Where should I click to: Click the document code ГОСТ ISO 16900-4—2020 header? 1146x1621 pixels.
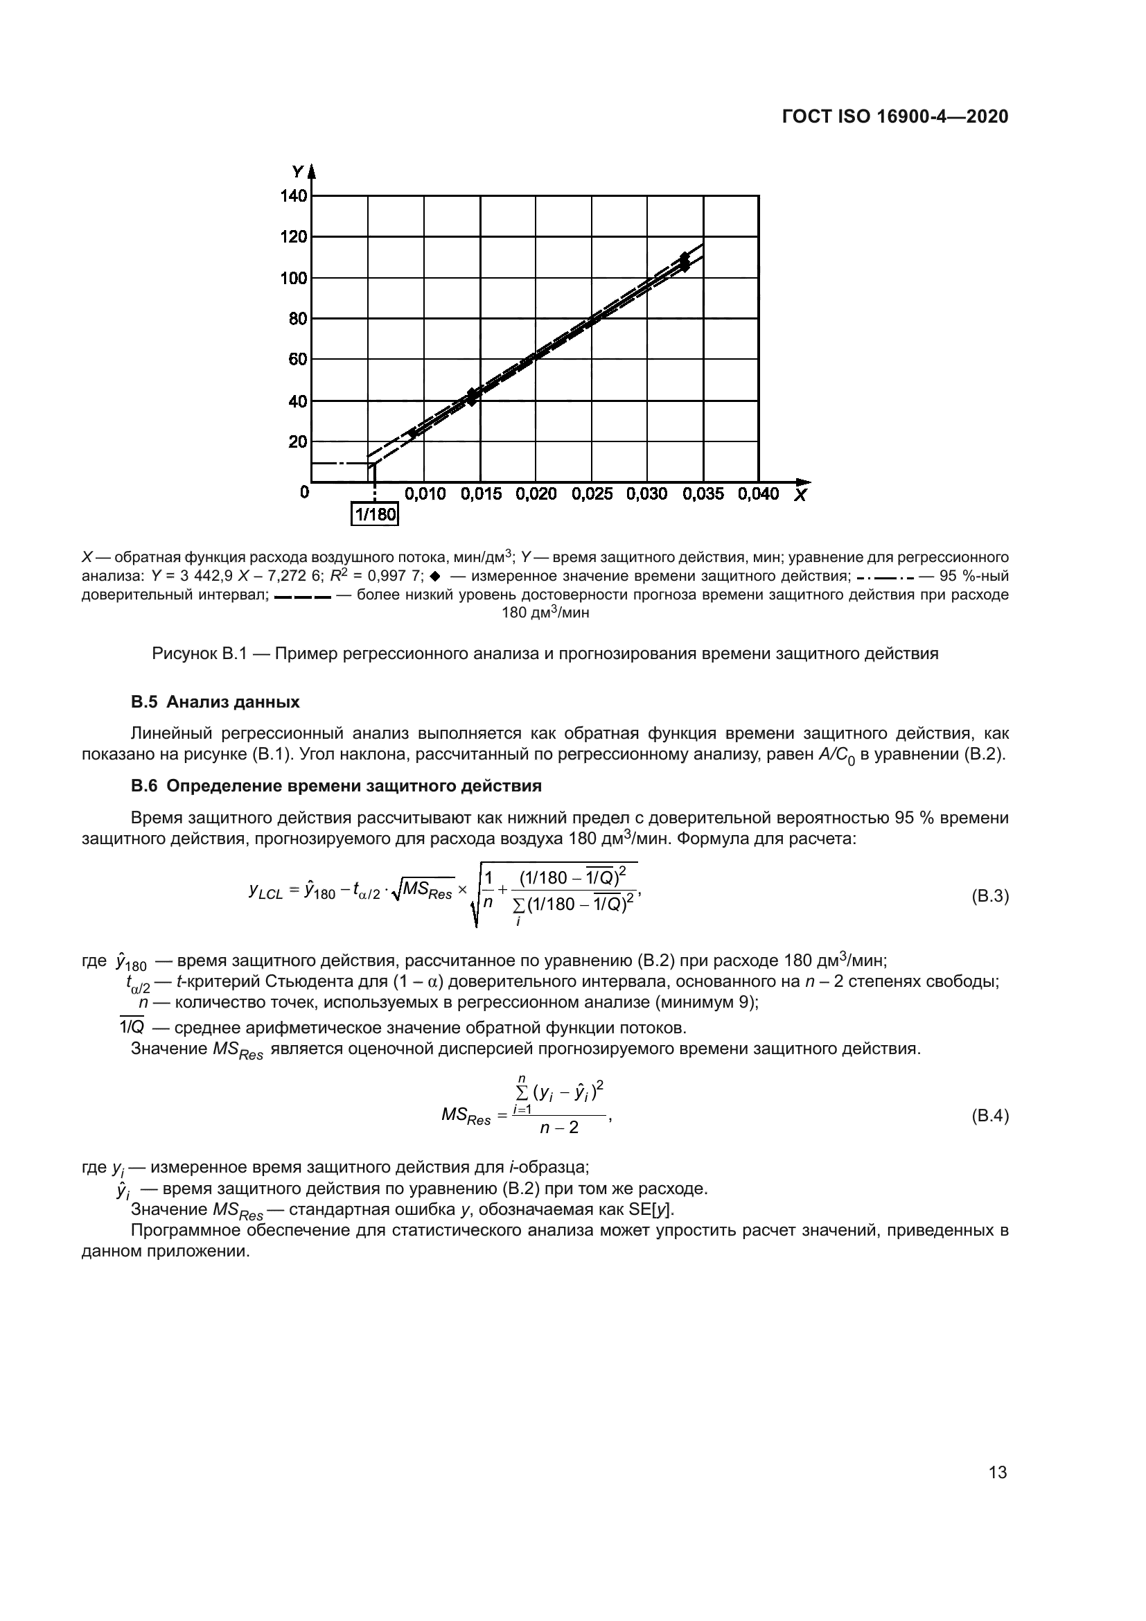coord(894,116)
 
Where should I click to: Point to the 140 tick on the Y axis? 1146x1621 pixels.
coord(294,195)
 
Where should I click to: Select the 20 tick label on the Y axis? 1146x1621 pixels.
coord(298,442)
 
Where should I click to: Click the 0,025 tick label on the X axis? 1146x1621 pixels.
coord(591,494)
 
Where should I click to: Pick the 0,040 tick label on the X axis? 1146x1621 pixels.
coord(758,494)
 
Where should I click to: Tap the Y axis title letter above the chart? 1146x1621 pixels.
coord(297,172)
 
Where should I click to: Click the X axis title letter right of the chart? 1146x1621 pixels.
coord(800,496)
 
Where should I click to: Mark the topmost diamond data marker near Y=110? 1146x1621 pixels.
coord(684,257)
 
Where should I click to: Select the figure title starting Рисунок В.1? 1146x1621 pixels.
coord(545,654)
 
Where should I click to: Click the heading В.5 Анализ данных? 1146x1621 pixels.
coord(215,702)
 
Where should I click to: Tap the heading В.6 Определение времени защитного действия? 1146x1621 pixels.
coord(336,786)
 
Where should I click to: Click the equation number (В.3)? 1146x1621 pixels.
coord(989,897)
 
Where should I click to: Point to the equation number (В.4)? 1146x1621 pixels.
coord(989,1116)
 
